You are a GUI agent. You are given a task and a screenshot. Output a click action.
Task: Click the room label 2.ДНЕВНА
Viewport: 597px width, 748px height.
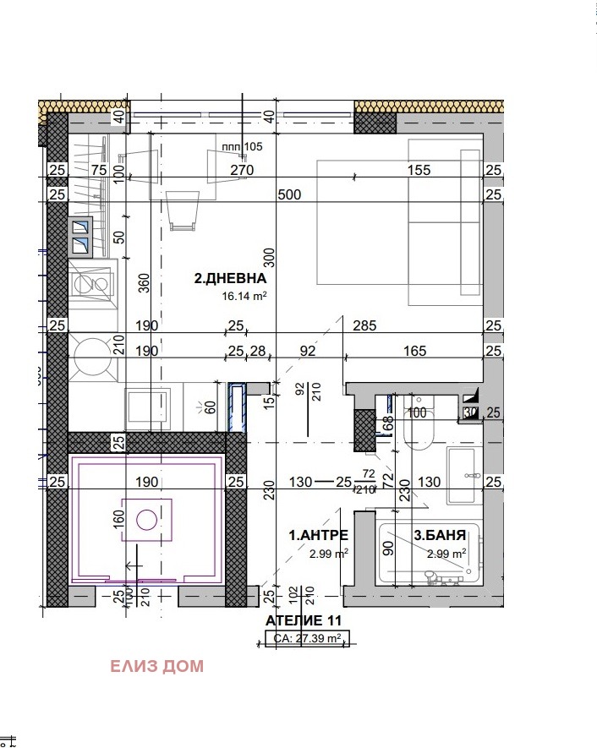pyautogui.click(x=231, y=278)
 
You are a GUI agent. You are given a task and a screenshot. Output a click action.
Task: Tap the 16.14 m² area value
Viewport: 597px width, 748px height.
pyautogui.click(x=244, y=296)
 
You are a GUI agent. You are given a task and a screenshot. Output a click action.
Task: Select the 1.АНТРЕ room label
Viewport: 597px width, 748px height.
pyautogui.click(x=319, y=535)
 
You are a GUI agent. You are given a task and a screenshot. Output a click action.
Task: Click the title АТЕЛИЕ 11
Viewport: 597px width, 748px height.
pyautogui.click(x=304, y=621)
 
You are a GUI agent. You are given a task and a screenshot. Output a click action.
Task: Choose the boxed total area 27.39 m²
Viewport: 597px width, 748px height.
pyautogui.click(x=305, y=639)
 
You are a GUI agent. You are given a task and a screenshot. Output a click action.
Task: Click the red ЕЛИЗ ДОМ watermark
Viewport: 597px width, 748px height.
pyautogui.click(x=156, y=666)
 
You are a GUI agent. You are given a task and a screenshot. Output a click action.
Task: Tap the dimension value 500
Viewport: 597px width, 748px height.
pyautogui.click(x=289, y=194)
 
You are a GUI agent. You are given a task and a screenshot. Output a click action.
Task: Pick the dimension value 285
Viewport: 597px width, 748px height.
pyautogui.click(x=364, y=325)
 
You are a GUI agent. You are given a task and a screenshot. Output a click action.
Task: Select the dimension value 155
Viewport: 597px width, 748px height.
pyautogui.click(x=418, y=170)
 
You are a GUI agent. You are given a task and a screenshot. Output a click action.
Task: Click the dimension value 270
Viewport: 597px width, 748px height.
pyautogui.click(x=243, y=170)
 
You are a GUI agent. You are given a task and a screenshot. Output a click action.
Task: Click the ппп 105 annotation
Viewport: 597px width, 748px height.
pyautogui.click(x=242, y=146)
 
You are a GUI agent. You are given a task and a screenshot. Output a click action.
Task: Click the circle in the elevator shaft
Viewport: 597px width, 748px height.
pyautogui.click(x=147, y=519)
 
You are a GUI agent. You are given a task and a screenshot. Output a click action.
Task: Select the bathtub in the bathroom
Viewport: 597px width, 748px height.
pyautogui.click(x=428, y=554)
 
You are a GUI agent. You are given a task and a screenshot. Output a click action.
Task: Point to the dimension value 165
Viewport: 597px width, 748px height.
pyautogui.click(x=415, y=351)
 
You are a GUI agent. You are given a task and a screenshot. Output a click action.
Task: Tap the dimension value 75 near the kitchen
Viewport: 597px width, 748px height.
pyautogui.click(x=99, y=170)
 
